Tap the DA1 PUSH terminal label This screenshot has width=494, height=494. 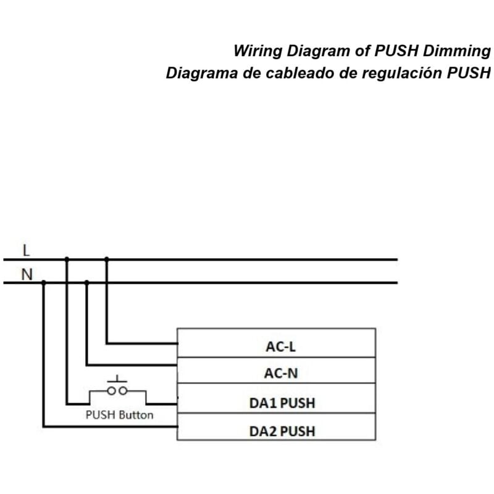pyautogui.click(x=282, y=403)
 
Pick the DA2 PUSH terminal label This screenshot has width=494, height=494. pyautogui.click(x=282, y=430)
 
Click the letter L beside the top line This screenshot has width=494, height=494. pyautogui.click(x=25, y=251)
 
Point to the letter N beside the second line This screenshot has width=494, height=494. pyautogui.click(x=27, y=274)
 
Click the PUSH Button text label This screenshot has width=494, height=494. pyautogui.click(x=119, y=415)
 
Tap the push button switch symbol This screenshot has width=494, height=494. pyautogui.click(x=117, y=389)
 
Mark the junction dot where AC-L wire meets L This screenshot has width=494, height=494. pyautogui.click(x=106, y=259)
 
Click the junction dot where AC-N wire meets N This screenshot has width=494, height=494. pyautogui.click(x=86, y=283)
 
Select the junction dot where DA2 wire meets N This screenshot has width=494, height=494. pyautogui.click(x=43, y=283)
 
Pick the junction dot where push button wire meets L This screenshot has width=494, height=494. pyautogui.click(x=67, y=259)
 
